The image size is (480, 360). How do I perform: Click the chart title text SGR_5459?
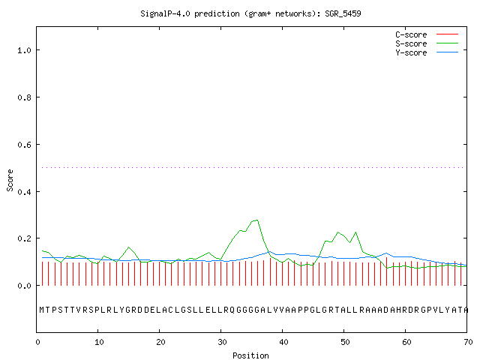click(343, 13)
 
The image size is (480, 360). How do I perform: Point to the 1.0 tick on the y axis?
click(24, 50)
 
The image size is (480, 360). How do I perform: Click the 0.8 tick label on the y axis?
click(24, 97)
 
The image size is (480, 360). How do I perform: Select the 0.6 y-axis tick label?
click(24, 145)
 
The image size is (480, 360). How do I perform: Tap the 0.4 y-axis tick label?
click(24, 192)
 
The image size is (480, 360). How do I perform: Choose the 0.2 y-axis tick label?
click(24, 238)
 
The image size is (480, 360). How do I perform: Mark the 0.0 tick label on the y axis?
click(24, 286)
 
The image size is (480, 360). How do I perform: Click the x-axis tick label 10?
click(99, 342)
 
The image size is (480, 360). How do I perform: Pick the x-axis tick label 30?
click(222, 342)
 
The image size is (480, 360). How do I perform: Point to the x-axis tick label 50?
click(345, 342)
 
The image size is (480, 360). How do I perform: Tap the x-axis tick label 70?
click(468, 342)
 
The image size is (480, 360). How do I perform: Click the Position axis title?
click(250, 355)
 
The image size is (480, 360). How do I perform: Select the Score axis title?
click(10, 180)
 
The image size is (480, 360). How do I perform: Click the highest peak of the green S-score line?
click(257, 220)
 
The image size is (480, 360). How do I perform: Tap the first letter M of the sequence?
click(42, 310)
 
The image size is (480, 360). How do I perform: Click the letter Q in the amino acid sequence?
click(232, 310)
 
